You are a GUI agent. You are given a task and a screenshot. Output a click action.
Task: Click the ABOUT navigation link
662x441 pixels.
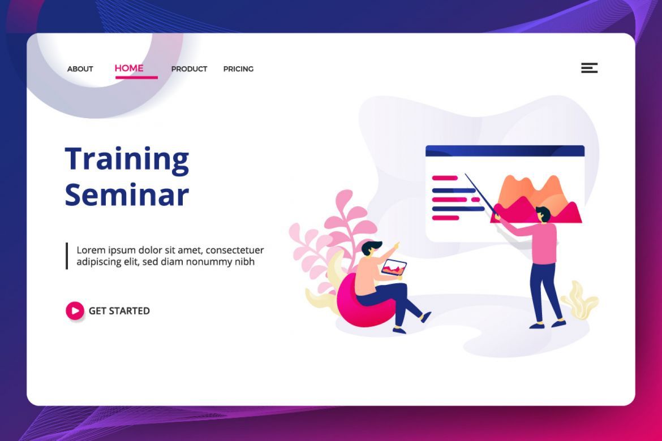click(x=80, y=69)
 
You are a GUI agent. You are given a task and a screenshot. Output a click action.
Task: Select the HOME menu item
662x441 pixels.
click(x=129, y=68)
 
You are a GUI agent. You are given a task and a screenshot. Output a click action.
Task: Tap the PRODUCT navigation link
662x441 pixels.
click(x=189, y=69)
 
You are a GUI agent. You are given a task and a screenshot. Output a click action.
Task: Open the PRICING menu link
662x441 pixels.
click(x=239, y=69)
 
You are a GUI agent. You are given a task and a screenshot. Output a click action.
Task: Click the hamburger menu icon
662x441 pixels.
click(x=590, y=68)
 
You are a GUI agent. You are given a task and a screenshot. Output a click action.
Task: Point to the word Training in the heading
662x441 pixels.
click(x=127, y=159)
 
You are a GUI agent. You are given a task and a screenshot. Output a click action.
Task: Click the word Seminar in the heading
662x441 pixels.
click(x=127, y=194)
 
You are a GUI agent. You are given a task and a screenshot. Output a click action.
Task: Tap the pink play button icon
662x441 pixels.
click(x=75, y=310)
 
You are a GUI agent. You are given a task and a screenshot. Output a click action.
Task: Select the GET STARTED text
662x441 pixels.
click(x=119, y=311)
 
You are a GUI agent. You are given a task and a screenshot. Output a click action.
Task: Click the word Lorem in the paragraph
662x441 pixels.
click(x=91, y=250)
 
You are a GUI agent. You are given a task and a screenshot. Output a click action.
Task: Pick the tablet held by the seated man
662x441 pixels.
click(x=393, y=267)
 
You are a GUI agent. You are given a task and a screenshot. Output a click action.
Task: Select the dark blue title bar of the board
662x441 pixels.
click(x=505, y=150)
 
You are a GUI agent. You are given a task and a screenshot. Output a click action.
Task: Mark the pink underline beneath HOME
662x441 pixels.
click(x=136, y=77)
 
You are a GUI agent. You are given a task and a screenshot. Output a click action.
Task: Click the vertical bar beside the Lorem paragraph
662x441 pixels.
click(x=67, y=256)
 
